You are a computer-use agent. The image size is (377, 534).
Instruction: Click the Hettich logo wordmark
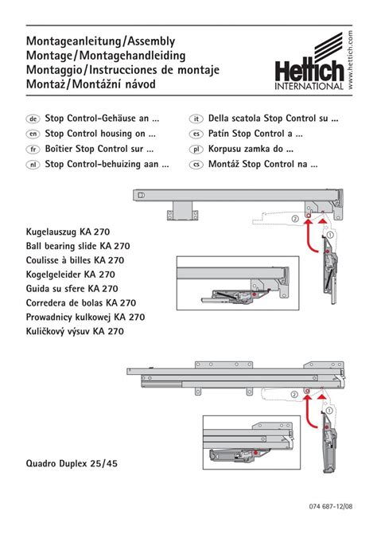coord(309,71)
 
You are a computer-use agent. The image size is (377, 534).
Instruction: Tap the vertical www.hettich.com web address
coord(350,60)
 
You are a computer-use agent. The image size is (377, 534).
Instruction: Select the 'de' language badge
coord(33,119)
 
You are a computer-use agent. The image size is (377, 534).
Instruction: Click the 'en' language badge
coord(33,134)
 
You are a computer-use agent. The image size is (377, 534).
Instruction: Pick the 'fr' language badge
coord(33,149)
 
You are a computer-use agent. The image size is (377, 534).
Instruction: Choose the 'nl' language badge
coord(33,165)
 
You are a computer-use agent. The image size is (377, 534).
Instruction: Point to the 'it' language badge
coord(196,119)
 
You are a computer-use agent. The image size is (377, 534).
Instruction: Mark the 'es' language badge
coord(196,134)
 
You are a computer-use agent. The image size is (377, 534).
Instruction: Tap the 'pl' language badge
coord(196,149)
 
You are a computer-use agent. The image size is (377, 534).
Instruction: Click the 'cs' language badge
coord(196,165)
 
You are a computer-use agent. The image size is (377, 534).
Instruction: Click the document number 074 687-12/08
coord(331,506)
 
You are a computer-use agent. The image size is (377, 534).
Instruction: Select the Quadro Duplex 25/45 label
coord(72,463)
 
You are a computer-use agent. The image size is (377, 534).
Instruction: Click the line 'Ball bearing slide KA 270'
coord(78,246)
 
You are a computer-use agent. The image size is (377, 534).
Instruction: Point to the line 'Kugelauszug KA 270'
coord(68,232)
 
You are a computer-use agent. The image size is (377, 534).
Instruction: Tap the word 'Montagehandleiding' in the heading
coord(132,56)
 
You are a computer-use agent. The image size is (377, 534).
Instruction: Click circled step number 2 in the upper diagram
coord(295,218)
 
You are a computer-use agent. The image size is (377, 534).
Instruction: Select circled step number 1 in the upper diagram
coord(330,235)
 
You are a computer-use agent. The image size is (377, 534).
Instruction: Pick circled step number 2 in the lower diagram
coord(294,395)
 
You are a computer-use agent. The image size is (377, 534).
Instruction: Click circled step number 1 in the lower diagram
coord(329,411)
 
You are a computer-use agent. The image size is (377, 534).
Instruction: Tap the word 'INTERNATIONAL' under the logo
coord(309,86)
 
